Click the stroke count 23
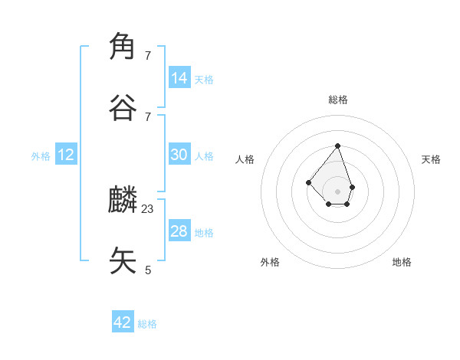148,208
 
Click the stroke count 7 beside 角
148,56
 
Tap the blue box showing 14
179,77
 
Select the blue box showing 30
179,154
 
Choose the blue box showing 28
179,231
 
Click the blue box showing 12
66,155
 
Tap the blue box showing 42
123,322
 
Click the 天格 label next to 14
204,79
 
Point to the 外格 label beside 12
41,156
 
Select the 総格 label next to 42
147,324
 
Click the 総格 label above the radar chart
338,100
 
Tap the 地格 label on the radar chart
402,262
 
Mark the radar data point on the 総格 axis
337,146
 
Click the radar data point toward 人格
308,182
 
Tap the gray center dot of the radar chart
337,191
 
